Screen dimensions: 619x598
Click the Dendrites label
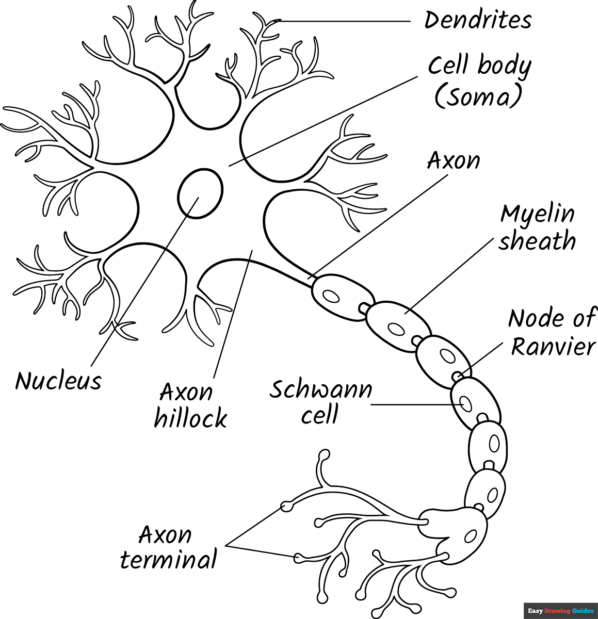477,21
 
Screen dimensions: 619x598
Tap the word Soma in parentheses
478,96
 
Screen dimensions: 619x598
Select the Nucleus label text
58,381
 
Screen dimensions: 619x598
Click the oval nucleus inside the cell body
200,193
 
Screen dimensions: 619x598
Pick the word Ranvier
553,346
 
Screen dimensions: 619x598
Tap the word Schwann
320,390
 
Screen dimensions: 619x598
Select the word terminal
168,560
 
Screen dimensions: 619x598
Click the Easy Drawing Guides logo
560,611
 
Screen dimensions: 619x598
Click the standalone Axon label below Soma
454,161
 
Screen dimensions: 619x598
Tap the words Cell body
479,66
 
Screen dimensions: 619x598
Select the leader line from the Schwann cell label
413,404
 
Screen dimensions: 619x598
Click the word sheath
537,241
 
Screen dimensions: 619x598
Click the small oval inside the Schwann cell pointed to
465,403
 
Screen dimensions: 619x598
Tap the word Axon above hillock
186,393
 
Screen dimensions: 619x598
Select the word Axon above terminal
165,535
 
